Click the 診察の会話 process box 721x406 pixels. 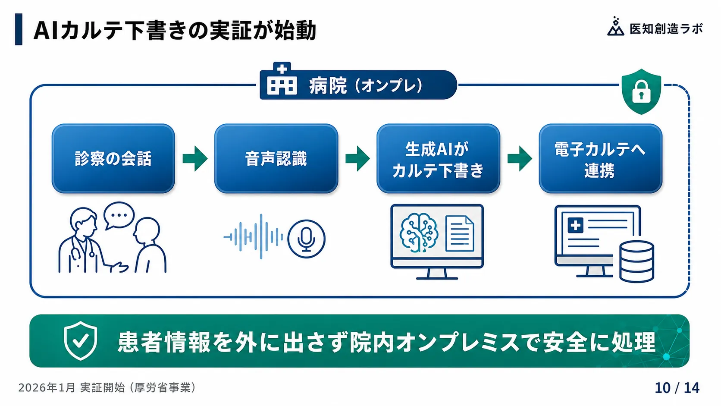point(113,158)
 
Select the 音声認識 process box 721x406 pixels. point(276,158)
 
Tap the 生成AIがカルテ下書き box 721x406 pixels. point(439,158)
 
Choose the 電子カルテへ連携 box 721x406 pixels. point(601,158)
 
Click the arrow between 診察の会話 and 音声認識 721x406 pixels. point(195,158)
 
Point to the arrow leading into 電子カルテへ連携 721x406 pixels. point(520,158)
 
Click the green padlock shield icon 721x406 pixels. point(641,92)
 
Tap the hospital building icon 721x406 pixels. point(282,79)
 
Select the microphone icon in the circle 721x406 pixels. point(306,239)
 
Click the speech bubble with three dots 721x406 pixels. point(119,215)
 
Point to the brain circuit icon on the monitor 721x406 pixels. point(419,233)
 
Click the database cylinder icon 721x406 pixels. point(636,262)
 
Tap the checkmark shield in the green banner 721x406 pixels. point(81,341)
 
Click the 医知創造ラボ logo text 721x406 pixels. point(666,29)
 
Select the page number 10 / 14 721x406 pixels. point(677,388)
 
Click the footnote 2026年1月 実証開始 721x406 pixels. point(71,387)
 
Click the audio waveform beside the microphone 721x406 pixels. point(253,237)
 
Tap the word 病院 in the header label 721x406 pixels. point(328,86)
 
